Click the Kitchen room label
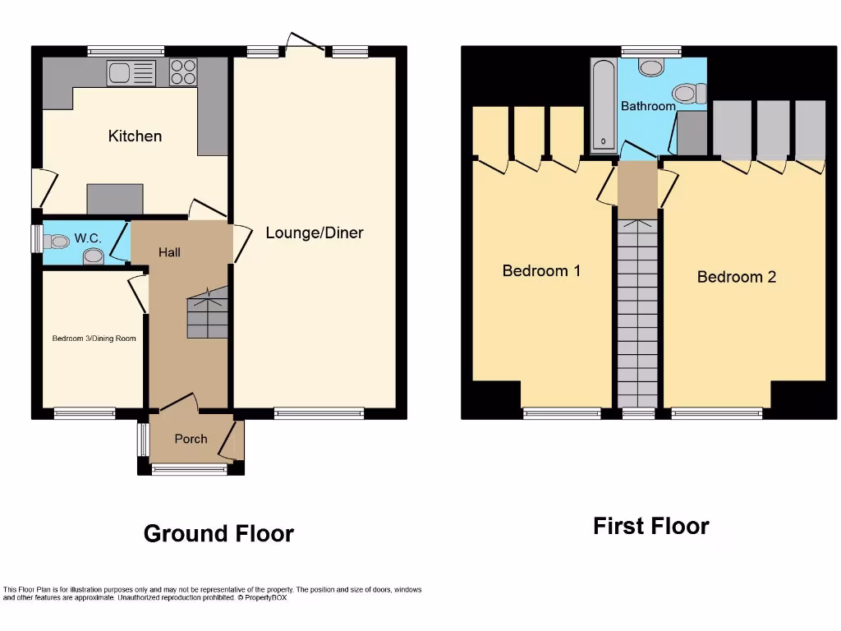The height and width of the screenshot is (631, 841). click(x=135, y=136)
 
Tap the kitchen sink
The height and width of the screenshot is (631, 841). click(x=131, y=73)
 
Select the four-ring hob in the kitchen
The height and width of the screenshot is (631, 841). click(x=183, y=73)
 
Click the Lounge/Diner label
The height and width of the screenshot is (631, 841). click(x=314, y=233)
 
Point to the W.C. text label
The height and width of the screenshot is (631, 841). click(x=88, y=238)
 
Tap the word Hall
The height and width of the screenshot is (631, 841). click(x=170, y=252)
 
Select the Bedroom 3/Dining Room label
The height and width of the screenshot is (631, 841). click(x=94, y=339)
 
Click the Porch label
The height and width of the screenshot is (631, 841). click(x=191, y=439)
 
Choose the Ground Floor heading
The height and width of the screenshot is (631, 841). click(x=218, y=533)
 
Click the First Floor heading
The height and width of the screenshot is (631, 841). click(x=650, y=526)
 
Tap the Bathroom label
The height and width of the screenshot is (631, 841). click(x=648, y=106)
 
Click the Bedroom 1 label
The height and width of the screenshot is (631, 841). click(x=541, y=270)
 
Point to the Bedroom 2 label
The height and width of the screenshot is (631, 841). click(x=736, y=277)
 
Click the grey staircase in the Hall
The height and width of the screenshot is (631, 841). click(x=206, y=316)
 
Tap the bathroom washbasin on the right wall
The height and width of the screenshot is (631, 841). click(x=687, y=94)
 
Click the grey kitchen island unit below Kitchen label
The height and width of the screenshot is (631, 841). click(x=115, y=199)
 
